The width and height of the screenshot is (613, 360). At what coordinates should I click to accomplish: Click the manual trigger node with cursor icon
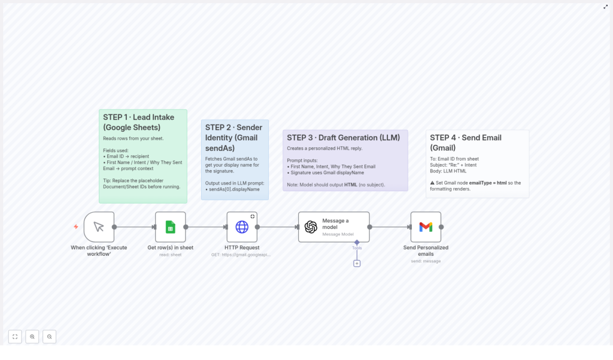[x=99, y=227]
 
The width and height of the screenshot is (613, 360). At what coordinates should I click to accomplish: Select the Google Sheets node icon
[x=170, y=227]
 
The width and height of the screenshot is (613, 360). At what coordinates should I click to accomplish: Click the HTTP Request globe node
[x=242, y=227]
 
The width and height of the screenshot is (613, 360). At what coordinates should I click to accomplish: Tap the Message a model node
[x=333, y=227]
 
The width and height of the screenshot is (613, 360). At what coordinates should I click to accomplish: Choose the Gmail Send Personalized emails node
[x=426, y=227]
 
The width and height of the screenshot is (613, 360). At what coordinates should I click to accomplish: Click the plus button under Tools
[x=357, y=263]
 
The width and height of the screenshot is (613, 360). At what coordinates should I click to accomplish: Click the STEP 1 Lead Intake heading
[x=135, y=122]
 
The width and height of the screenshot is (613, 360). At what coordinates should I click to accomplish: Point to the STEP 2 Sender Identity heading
[x=233, y=137]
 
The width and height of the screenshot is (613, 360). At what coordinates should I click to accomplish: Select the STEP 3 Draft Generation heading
[x=343, y=138]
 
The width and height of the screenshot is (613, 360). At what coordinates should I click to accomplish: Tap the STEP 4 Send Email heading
[x=466, y=143]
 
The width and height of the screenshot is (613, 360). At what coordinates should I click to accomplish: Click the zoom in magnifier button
[x=32, y=337]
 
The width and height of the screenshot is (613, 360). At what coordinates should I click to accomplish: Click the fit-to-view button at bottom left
[x=15, y=337]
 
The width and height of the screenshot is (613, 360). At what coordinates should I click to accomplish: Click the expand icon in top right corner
[x=605, y=7]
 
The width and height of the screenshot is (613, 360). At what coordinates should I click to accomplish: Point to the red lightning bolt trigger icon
[x=76, y=226]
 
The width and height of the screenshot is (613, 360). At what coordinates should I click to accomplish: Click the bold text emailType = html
[x=487, y=183]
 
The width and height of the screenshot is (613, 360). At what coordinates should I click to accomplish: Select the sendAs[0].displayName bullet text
[x=233, y=189]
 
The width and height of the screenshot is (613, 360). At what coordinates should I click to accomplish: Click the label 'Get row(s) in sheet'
[x=170, y=247]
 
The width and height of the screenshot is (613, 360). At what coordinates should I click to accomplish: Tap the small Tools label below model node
[x=357, y=247]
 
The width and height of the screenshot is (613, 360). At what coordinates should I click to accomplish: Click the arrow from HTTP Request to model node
[x=278, y=227]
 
